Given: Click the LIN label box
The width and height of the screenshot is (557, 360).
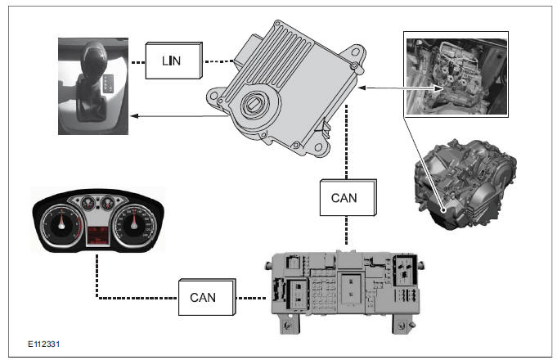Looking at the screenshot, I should (171, 60).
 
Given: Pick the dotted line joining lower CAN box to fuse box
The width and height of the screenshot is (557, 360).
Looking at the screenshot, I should (250, 297).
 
